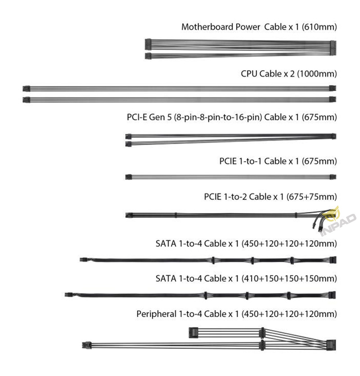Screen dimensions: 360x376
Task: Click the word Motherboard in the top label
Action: tap(207, 27)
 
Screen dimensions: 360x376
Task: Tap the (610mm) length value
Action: tap(319, 27)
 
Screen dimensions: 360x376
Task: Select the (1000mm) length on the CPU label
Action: tap(317, 74)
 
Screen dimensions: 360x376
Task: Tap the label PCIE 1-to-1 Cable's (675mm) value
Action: tap(319, 161)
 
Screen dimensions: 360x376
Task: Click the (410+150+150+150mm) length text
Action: tap(289, 279)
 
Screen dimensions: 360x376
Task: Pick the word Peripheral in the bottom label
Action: tap(156, 314)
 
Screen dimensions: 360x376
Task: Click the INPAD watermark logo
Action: tap(337, 222)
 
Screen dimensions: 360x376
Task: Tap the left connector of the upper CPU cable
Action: tap(27, 89)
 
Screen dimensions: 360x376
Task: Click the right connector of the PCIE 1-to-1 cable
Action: tap(333, 177)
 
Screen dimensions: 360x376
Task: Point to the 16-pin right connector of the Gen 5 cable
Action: tap(333, 136)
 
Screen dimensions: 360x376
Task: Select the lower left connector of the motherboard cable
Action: tap(148, 56)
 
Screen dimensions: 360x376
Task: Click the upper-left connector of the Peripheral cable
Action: tap(193, 333)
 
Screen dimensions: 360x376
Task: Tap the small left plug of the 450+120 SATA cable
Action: tap(83, 260)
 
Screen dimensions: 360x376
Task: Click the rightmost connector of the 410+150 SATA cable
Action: tap(332, 295)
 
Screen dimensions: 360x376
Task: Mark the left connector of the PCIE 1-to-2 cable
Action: tap(129, 215)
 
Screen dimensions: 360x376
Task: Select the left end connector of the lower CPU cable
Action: tap(27, 100)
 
